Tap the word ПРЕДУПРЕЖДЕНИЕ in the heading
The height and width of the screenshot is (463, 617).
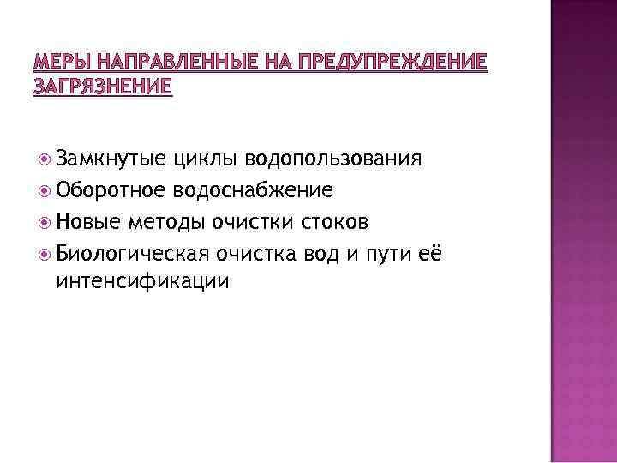coord(389,63)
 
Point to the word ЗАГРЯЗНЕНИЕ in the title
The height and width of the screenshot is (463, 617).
coord(102,87)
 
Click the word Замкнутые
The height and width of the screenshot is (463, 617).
coord(110,159)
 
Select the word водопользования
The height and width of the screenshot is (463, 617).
coord(334,159)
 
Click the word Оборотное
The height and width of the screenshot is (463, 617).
coord(111,189)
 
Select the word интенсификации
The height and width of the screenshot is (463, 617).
coord(142,280)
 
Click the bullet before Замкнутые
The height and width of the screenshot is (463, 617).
coord(44,159)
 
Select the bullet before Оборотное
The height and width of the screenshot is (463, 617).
coord(44,189)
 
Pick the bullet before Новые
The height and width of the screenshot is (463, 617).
coord(44,221)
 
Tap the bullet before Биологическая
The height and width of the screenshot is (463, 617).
coord(44,252)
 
